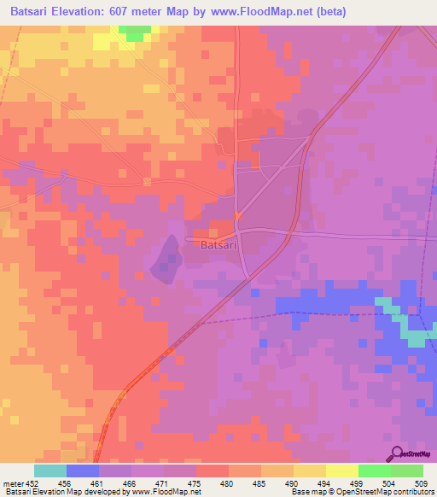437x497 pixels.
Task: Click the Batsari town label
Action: pyautogui.click(x=221, y=245)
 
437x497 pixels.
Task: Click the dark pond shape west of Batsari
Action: pyautogui.click(x=166, y=259)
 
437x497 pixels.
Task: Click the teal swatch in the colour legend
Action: pyautogui.click(x=50, y=471)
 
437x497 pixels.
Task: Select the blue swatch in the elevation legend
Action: pyautogui.click(x=83, y=471)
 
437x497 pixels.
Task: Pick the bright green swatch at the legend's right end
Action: pyautogui.click(x=406, y=471)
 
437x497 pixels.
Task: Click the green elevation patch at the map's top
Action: pyautogui.click(x=133, y=32)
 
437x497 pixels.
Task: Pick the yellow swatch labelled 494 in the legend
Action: pyautogui.click(x=309, y=471)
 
